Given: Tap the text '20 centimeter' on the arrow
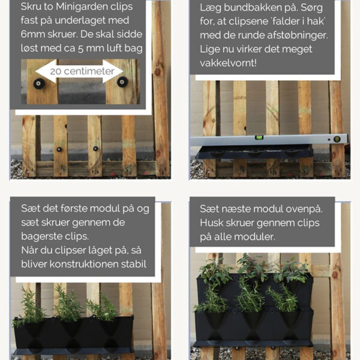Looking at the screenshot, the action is click(x=82, y=71).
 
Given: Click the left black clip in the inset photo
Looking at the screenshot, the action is click(x=39, y=83).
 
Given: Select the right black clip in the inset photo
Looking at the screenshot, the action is click(x=122, y=82).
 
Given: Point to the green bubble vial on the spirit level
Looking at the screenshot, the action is click(x=259, y=137).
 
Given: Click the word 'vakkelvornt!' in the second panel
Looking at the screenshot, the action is click(x=228, y=62).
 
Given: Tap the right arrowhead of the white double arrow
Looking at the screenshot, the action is click(x=113, y=71).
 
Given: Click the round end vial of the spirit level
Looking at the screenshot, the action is click(x=337, y=139).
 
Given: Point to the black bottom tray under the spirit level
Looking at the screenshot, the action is click(x=254, y=152).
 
